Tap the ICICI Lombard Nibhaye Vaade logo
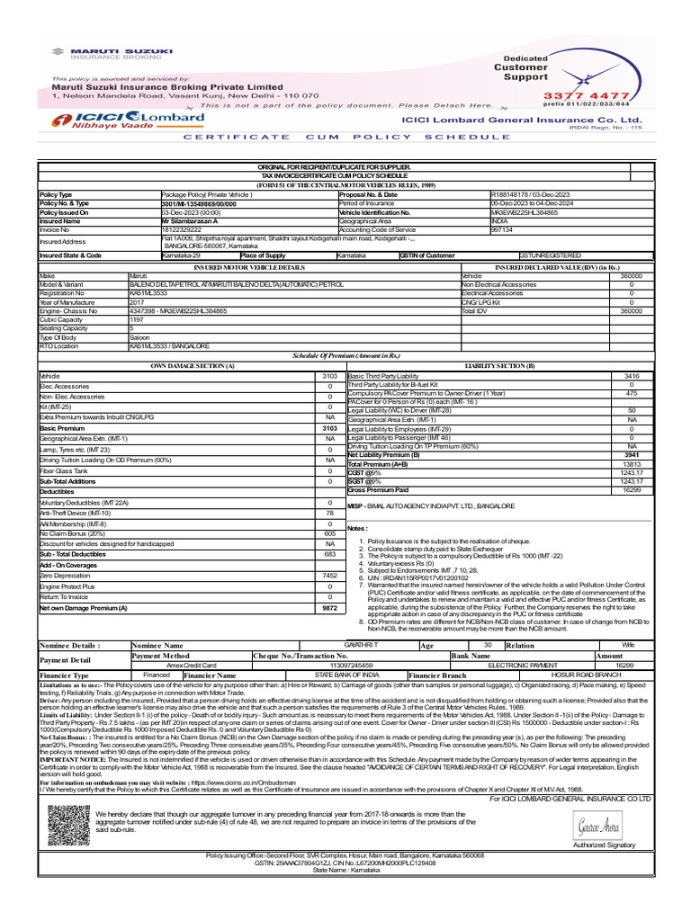click(129, 121)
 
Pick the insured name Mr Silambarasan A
click(190, 220)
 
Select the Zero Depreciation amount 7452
click(329, 576)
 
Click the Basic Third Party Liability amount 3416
click(631, 376)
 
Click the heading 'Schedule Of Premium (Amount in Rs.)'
click(345, 356)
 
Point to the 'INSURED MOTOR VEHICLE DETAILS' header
click(249, 268)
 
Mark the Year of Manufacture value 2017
click(138, 302)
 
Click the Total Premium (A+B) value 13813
click(631, 463)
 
